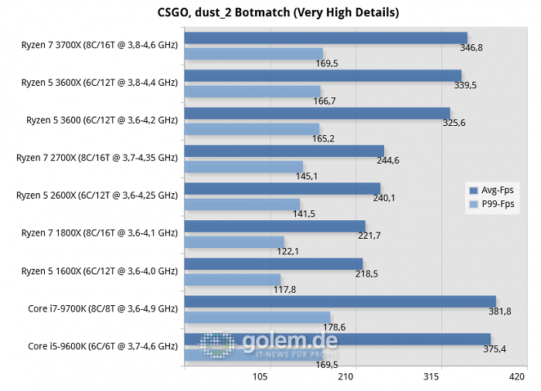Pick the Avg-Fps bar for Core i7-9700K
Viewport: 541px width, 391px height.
[x=340, y=301]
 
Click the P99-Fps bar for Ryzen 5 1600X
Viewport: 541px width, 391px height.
[x=233, y=279]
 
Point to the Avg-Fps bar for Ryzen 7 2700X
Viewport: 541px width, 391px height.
[x=284, y=151]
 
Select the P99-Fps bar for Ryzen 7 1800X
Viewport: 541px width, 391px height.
[x=234, y=242]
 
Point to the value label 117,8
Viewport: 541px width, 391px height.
[x=283, y=290]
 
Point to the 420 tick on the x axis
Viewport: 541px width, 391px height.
[x=516, y=377]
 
